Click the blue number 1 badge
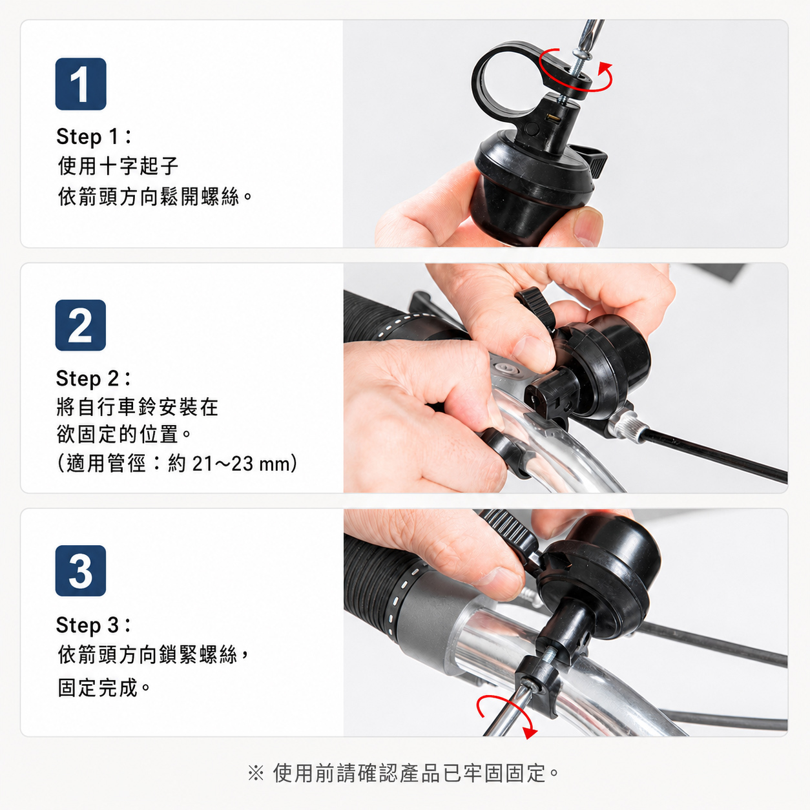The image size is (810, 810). pos(81,84)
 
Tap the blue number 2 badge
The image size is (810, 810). pos(81,325)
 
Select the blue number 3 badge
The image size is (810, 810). pos(81,570)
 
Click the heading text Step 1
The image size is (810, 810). pos(94,136)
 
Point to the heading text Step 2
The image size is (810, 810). pos(93,379)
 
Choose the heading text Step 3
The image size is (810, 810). pos(93,625)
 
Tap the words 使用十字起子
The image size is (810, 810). pos(118,165)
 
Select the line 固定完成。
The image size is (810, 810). pos(104,688)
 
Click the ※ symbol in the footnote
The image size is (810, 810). pos(256,773)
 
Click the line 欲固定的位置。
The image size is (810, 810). pos(124,434)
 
